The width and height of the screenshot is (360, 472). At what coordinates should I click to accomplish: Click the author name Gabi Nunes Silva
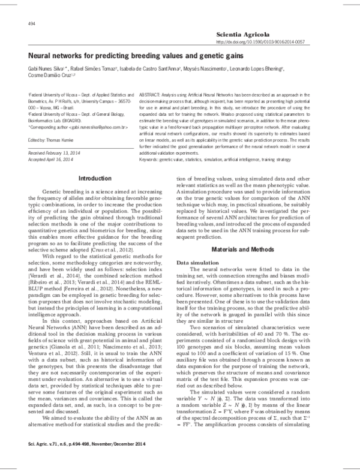click(x=47, y=69)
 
